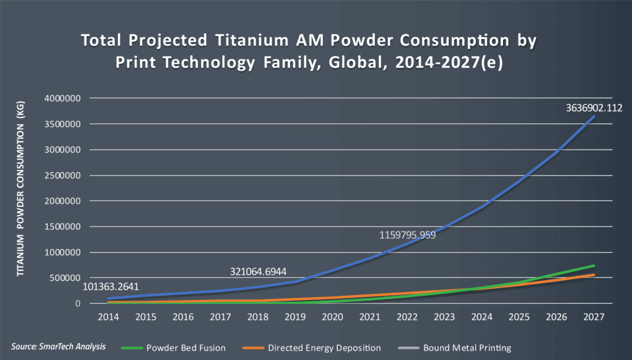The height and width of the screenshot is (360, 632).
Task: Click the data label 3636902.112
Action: pos(594,107)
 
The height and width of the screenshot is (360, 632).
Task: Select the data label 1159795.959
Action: pos(407,235)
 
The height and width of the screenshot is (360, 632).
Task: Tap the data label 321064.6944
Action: pos(257,272)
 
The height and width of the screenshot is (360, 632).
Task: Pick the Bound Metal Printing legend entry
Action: pos(467,348)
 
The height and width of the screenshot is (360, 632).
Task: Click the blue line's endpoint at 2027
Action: pos(594,116)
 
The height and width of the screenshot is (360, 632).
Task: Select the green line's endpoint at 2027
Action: pos(594,266)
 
